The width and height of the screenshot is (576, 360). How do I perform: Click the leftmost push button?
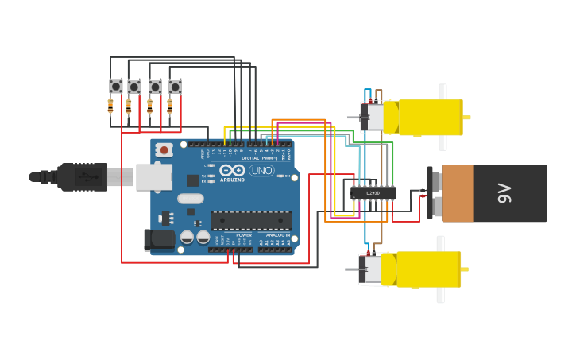(116, 86)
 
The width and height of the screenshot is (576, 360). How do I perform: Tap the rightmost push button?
(175, 86)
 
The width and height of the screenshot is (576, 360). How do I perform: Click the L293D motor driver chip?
(373, 192)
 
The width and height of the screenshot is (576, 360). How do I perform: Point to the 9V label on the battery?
(504, 193)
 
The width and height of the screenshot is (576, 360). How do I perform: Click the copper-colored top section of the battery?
(457, 193)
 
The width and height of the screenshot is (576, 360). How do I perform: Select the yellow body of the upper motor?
(430, 117)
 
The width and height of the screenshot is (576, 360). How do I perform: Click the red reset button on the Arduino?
(164, 149)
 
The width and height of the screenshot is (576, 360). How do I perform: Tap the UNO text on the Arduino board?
(261, 170)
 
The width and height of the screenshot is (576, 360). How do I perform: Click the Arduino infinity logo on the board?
(232, 170)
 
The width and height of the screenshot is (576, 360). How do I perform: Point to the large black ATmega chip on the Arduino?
(251, 220)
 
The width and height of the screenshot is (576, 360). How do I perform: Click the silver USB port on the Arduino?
(153, 176)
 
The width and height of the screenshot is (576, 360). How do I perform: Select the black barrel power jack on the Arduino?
(158, 239)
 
